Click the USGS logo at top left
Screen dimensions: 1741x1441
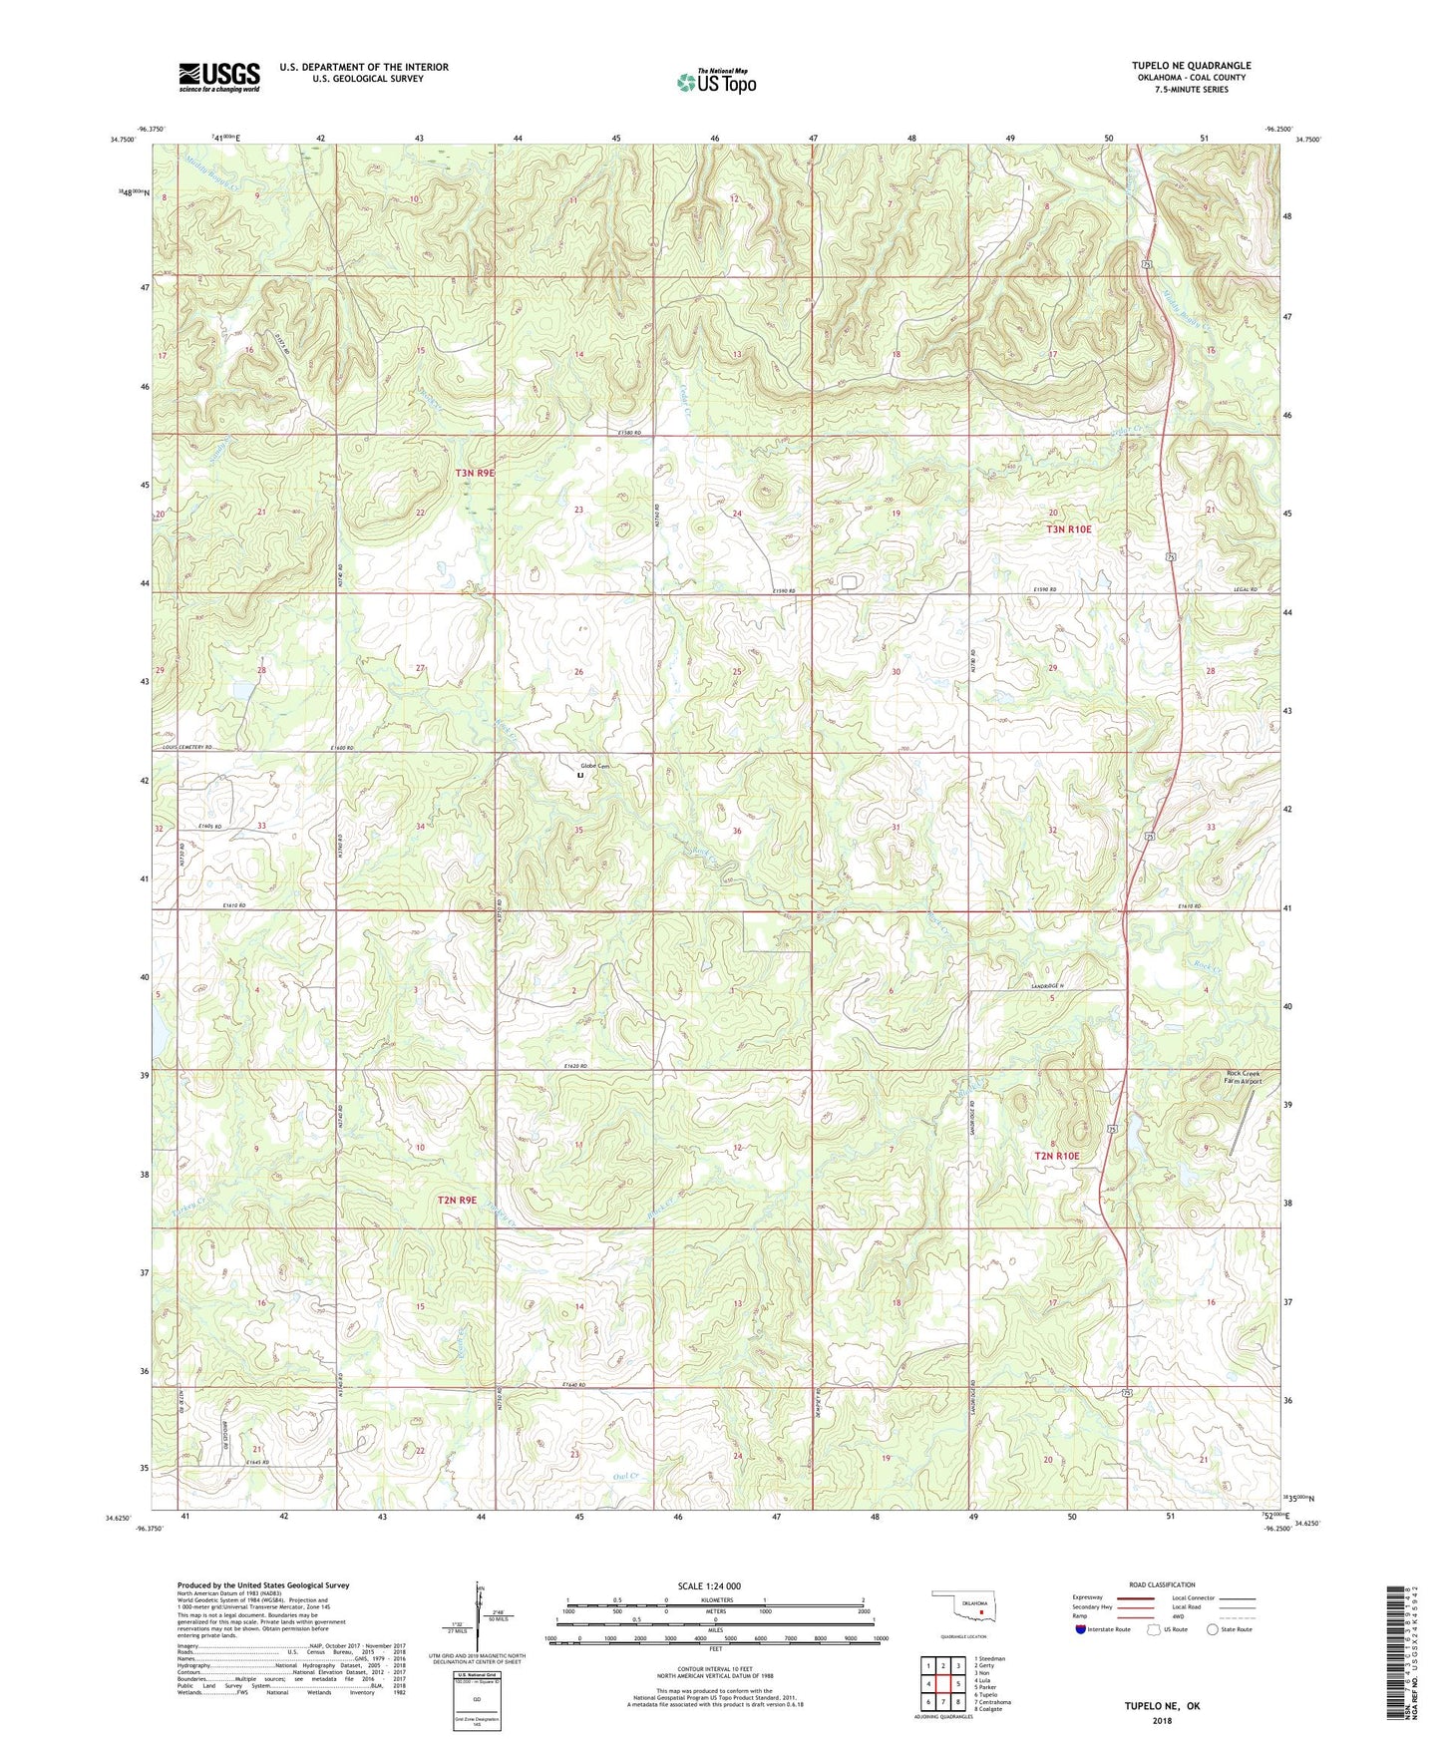tap(219, 77)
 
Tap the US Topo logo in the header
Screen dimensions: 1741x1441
tap(717, 82)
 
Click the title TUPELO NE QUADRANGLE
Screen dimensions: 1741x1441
tap(1191, 66)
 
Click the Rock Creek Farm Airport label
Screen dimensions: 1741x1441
tap(1244, 1077)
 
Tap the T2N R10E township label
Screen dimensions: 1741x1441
tap(1057, 1156)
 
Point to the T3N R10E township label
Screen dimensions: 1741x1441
tap(1068, 529)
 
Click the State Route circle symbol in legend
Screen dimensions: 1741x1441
tap(1213, 1629)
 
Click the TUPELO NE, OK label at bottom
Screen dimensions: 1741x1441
tap(1162, 1706)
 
